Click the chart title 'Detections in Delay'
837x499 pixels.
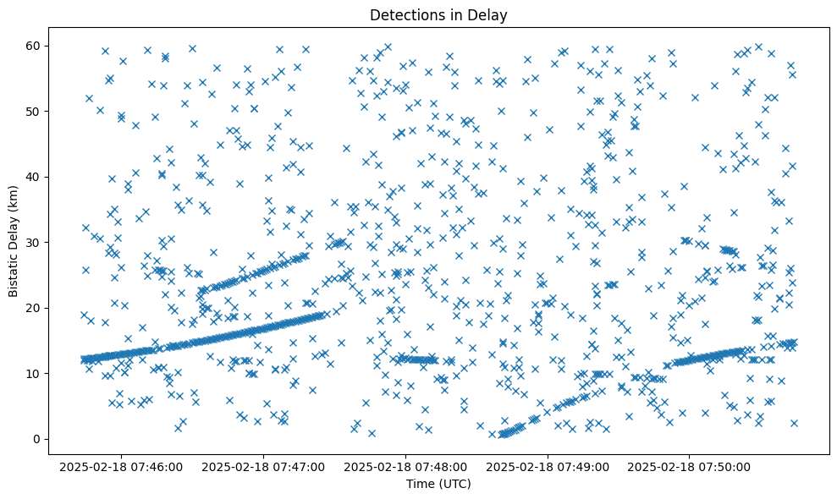coord(438,14)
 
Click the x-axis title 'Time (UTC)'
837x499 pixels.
coord(438,484)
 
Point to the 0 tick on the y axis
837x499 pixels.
coord(44,439)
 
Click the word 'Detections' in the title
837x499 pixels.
coord(405,14)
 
